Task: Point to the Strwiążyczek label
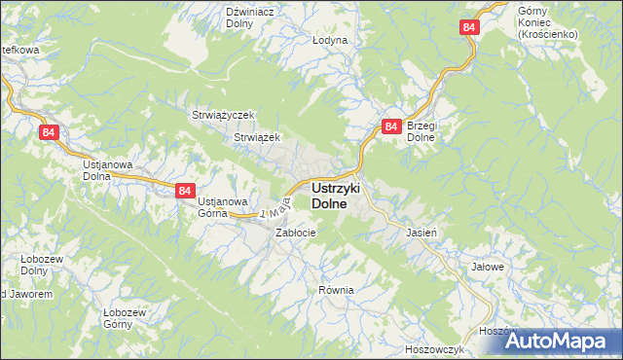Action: click(x=223, y=115)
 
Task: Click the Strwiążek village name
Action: click(x=257, y=138)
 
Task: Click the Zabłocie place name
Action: click(x=295, y=234)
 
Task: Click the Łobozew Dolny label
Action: click(x=43, y=266)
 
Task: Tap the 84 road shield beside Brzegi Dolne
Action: click(x=390, y=126)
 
